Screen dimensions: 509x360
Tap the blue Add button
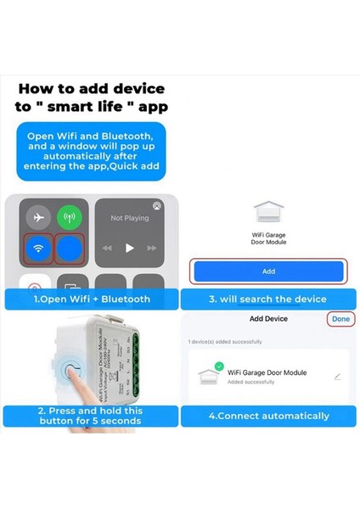(268, 271)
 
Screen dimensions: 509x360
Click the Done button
(340, 319)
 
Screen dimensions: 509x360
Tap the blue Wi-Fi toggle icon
(37, 249)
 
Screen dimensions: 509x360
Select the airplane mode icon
(37, 217)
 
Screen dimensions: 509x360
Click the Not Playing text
(129, 218)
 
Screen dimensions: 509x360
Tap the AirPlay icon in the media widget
(156, 205)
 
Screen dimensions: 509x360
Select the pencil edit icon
(337, 376)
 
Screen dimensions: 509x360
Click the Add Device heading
(268, 319)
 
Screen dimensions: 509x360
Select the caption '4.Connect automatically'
(268, 416)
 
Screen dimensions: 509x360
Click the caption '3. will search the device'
(268, 299)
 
